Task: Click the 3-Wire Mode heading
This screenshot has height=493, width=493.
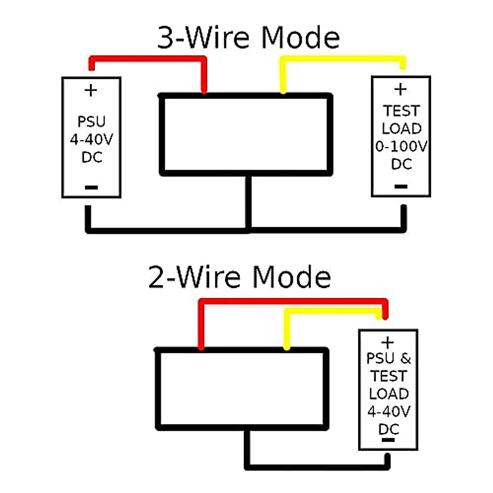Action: tap(248, 38)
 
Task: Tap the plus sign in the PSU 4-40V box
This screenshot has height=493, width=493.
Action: tap(91, 90)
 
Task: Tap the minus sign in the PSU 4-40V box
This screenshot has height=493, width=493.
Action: tap(91, 188)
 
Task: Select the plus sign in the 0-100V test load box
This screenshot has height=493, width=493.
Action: tap(401, 89)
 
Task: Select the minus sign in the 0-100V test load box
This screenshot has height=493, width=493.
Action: tap(401, 187)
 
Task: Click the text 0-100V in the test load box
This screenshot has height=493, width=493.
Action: tap(401, 146)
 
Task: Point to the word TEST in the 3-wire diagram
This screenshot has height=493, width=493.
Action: tap(401, 111)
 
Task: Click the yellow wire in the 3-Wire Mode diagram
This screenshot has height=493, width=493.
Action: tap(341, 59)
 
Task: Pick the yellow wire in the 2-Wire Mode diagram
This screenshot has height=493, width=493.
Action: tap(329, 311)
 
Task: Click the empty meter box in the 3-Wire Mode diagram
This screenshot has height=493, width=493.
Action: tap(246, 135)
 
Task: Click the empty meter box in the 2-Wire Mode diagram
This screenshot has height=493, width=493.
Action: tap(242, 389)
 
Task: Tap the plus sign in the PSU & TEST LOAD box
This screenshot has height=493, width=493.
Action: tap(387, 342)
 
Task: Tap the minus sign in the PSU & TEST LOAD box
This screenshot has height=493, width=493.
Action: tap(388, 440)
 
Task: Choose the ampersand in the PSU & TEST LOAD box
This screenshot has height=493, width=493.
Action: tap(405, 359)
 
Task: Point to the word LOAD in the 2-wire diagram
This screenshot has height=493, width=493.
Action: tap(389, 394)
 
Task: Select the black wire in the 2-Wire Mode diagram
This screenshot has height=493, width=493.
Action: tap(316, 467)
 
